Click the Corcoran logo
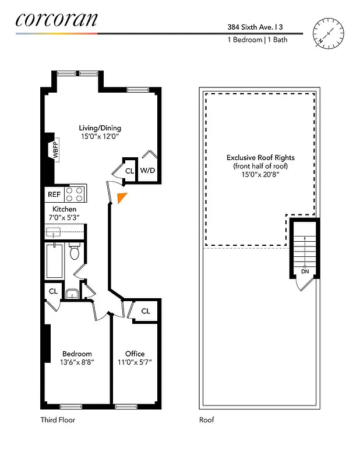(x=57, y=20)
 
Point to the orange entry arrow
(x=121, y=198)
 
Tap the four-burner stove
(x=75, y=194)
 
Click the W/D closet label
(x=148, y=171)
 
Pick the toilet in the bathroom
(x=74, y=253)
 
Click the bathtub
(x=55, y=262)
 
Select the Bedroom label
(x=77, y=354)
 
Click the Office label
(x=135, y=354)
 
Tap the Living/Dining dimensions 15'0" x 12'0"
(x=100, y=137)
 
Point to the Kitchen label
(x=64, y=209)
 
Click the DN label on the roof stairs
(x=305, y=271)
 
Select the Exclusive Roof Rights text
(x=260, y=158)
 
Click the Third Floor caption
(x=58, y=419)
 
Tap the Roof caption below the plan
(x=207, y=419)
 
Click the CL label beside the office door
(x=146, y=311)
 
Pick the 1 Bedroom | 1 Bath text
(x=257, y=40)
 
